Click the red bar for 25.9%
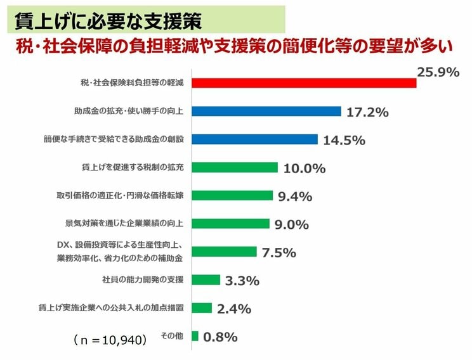coord(303,83)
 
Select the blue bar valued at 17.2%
coord(266,111)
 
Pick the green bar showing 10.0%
coord(234,167)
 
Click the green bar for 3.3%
coord(206,280)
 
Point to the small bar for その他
coord(195,336)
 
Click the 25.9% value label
coord(438,72)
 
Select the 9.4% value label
coord(295,196)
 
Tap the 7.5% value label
coord(279,252)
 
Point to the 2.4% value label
coord(234,309)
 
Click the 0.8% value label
coord(220,337)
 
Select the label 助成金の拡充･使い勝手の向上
coord(129,111)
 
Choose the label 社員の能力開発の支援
coord(142,280)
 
